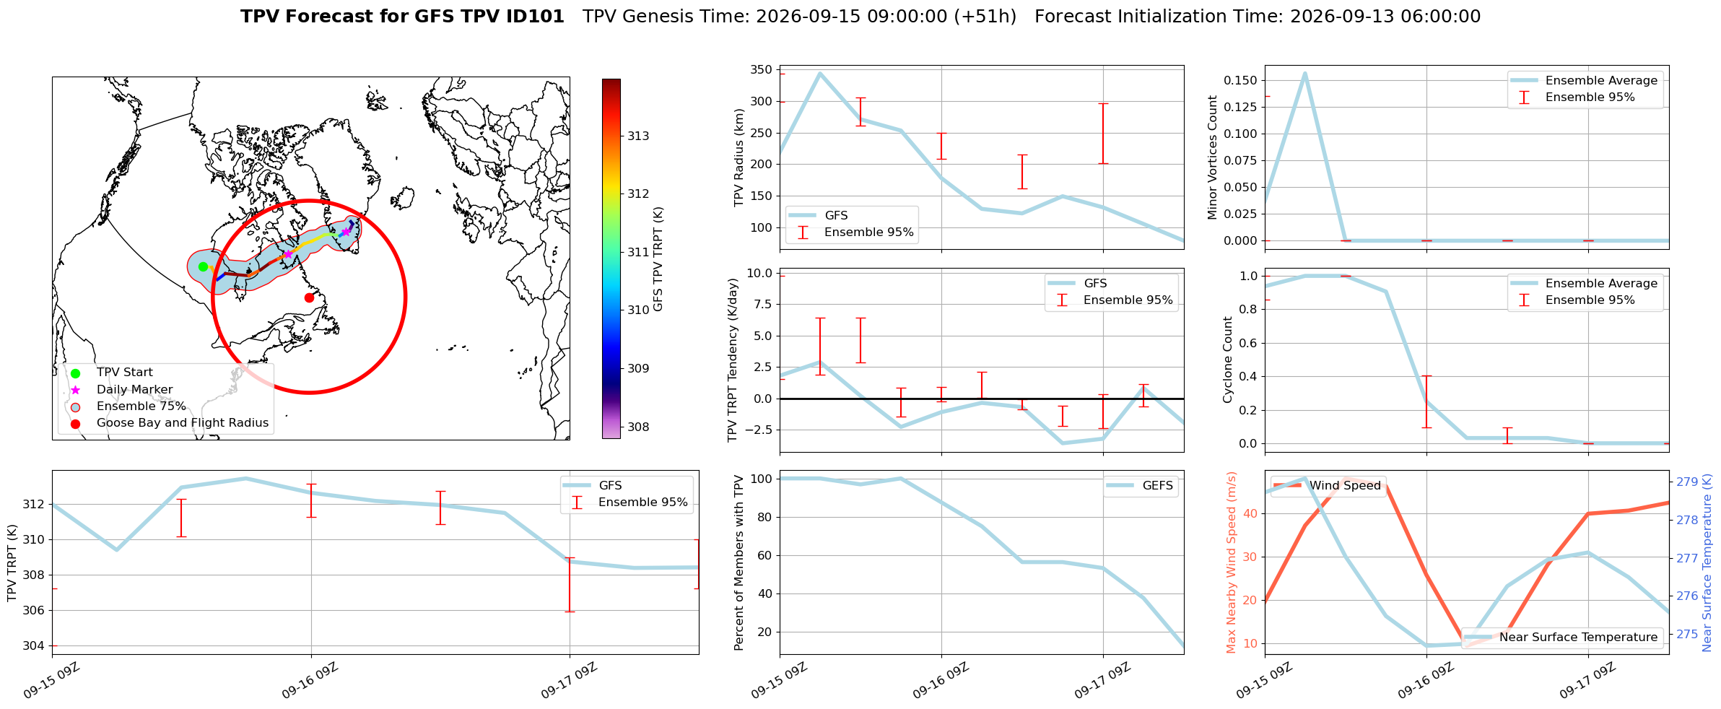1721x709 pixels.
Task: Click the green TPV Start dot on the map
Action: (x=203, y=266)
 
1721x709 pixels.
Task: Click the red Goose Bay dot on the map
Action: (x=309, y=297)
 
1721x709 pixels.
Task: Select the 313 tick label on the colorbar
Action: (x=638, y=136)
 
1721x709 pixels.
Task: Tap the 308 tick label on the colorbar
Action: (x=638, y=427)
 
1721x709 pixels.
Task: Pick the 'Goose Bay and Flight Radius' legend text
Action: (x=183, y=422)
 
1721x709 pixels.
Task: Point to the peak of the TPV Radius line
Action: (x=819, y=73)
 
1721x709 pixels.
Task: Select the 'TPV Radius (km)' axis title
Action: (x=738, y=157)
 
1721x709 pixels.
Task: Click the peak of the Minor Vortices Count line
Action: (x=1304, y=73)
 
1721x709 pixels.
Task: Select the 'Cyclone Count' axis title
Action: (x=1227, y=360)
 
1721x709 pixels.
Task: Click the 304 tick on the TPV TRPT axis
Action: (x=34, y=645)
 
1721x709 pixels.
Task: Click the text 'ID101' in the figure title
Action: (x=538, y=17)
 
